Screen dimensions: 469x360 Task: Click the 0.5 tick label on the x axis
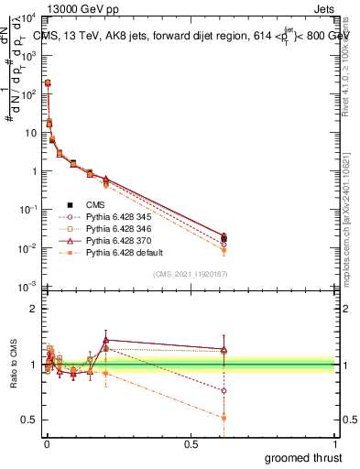click(x=191, y=444)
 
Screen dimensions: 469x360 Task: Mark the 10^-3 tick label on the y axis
click(x=28, y=288)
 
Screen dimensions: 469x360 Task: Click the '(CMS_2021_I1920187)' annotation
click(x=191, y=273)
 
